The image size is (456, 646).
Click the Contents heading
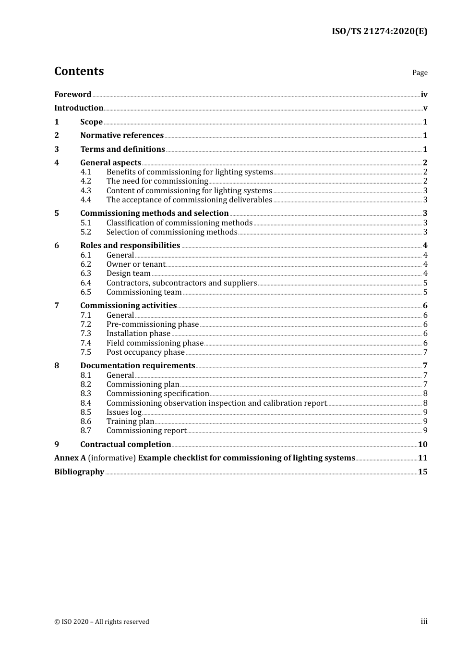[79, 71]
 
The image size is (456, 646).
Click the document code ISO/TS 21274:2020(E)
[379, 32]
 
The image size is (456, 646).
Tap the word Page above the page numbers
[420, 73]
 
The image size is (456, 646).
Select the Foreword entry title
[72, 95]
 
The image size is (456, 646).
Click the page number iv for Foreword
[424, 95]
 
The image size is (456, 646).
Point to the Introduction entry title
[79, 108]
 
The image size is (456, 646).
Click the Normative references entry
[122, 136]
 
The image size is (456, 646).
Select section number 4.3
[85, 191]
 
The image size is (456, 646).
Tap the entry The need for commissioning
[157, 181]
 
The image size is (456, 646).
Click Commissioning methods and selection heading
[154, 213]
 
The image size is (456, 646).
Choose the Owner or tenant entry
[135, 264]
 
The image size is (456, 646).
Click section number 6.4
[85, 283]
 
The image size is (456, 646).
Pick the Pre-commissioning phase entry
[152, 324]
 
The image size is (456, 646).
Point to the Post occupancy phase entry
[145, 352]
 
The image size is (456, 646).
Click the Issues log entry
[124, 412]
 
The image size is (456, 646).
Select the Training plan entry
[130, 422]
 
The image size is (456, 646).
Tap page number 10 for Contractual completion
[422, 445]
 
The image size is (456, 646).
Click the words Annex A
[70, 458]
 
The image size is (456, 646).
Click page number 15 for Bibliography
[422, 472]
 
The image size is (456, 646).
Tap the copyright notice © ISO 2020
[101, 622]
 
